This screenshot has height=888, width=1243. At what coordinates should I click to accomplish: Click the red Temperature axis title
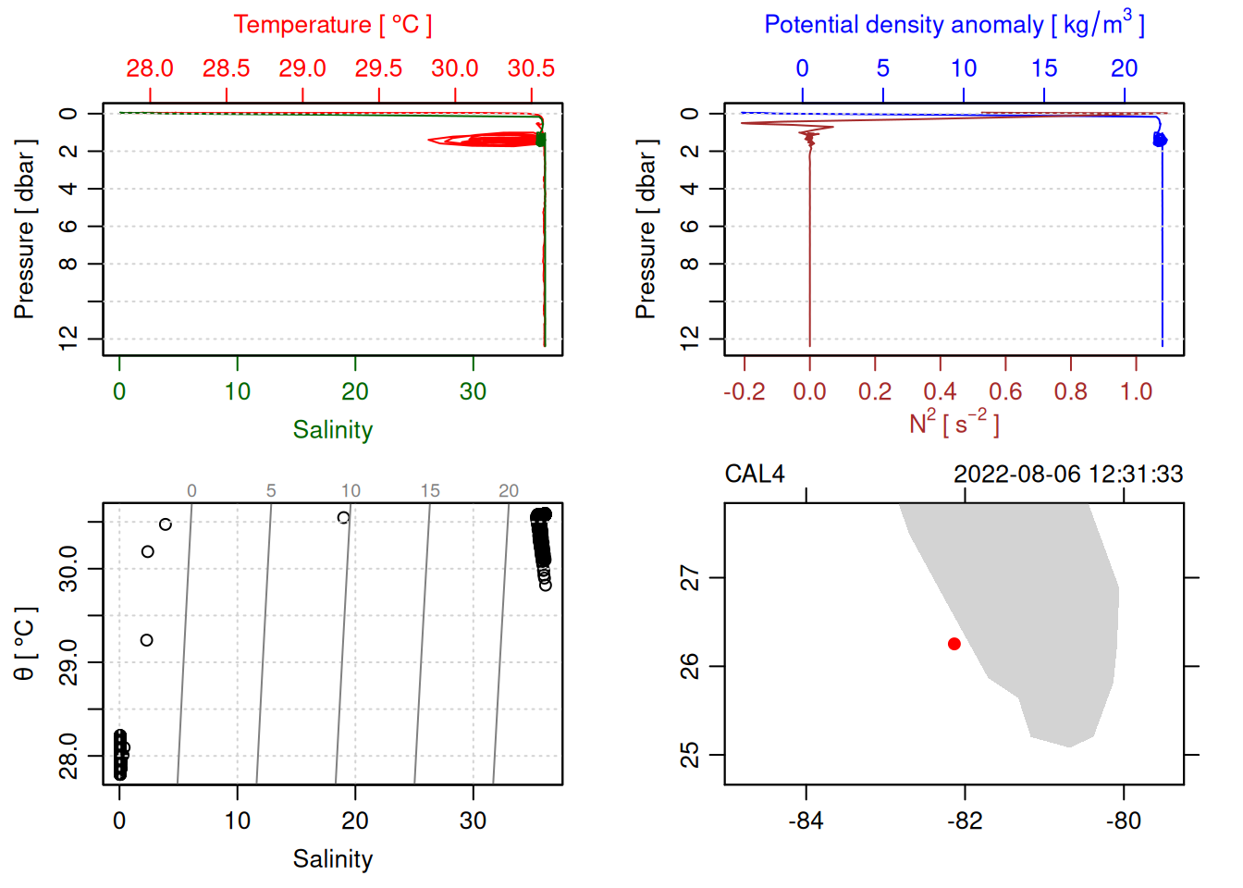tap(332, 25)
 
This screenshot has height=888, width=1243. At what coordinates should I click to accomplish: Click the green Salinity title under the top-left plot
tap(332, 430)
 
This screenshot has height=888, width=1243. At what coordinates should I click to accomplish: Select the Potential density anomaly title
tap(954, 25)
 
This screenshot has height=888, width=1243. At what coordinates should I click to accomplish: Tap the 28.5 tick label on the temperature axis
tap(227, 68)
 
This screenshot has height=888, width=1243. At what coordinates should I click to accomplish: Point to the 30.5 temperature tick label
tap(531, 68)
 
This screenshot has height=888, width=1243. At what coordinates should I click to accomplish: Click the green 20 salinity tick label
tap(355, 392)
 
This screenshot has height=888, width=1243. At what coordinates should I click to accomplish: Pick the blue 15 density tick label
tap(1044, 68)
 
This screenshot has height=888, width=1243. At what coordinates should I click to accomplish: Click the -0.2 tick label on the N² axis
tap(744, 392)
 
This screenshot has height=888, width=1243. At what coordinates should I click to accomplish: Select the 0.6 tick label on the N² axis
tap(1005, 392)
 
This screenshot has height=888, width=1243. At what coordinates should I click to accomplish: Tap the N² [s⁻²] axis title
tap(954, 424)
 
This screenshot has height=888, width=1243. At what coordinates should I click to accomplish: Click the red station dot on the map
tap(954, 644)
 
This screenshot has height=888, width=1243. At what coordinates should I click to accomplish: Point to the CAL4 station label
tap(755, 475)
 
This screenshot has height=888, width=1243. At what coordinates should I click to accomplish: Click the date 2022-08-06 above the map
tap(1016, 475)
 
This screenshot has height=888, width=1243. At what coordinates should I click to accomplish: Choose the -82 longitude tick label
tap(965, 821)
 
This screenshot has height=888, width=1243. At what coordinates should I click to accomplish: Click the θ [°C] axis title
tap(25, 644)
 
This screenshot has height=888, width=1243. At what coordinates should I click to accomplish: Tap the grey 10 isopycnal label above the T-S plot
tap(351, 491)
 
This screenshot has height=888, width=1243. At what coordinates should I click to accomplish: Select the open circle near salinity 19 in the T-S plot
tap(344, 518)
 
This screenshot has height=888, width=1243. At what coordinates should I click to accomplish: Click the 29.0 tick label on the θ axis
tap(68, 662)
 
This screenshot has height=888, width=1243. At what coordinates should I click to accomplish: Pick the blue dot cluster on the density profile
tap(1159, 140)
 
